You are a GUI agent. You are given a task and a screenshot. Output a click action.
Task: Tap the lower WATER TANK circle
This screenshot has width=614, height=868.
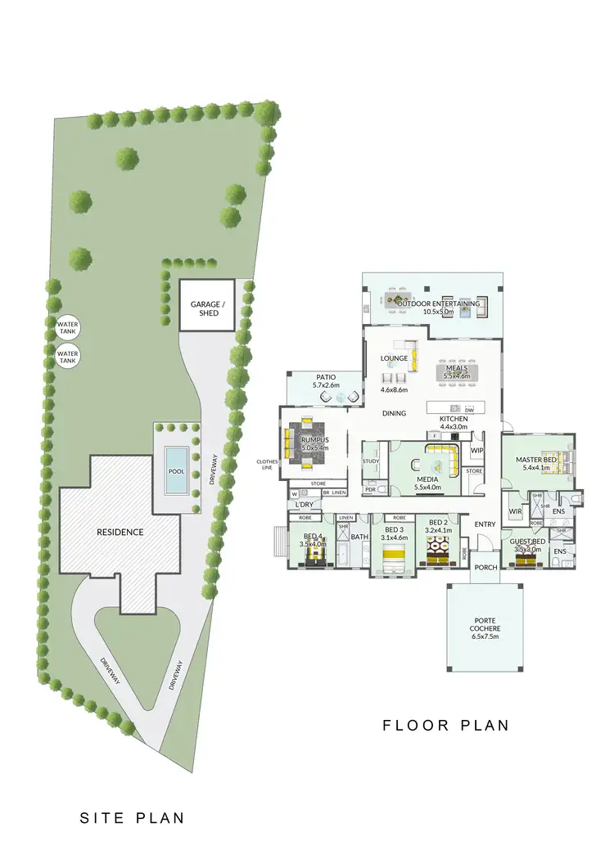pos(67,357)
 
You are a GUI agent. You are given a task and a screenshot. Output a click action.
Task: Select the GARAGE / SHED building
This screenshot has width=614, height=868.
pos(206,305)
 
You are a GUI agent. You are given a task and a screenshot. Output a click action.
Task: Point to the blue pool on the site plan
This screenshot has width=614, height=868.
pos(176,470)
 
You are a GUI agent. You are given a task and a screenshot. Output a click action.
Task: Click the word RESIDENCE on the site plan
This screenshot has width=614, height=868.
pos(120,532)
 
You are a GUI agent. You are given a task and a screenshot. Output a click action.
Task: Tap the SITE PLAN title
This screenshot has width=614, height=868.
pos(132,817)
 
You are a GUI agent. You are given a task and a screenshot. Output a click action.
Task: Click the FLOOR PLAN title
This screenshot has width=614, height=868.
pos(446,726)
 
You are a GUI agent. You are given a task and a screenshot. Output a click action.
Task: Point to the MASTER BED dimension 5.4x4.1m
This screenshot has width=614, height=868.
pos(537,468)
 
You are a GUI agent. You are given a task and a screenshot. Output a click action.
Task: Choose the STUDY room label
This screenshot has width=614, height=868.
pos(371,461)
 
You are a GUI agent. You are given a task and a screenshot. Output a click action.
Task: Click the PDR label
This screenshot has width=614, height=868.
pos(371,489)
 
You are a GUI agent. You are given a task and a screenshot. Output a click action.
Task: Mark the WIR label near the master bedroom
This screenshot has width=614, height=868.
pos(516,512)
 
